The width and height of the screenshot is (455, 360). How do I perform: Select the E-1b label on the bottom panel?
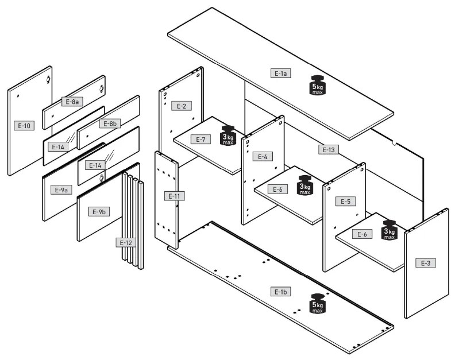click(x=280, y=292)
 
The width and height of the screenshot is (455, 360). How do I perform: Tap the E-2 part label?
click(x=181, y=106)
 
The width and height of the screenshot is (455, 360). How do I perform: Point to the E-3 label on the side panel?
click(x=425, y=263)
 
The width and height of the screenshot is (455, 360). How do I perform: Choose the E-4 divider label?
click(x=262, y=157)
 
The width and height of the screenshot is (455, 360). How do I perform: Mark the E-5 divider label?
click(x=346, y=202)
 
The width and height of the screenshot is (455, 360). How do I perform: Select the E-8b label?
click(x=109, y=123)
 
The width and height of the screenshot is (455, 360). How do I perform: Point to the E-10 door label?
click(x=24, y=125)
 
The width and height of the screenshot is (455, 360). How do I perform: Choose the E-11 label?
click(x=175, y=196)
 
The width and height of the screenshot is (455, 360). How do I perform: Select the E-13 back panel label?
click(x=327, y=150)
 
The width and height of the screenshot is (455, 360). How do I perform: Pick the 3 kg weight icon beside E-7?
click(x=228, y=136)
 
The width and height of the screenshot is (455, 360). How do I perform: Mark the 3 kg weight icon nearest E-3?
click(x=390, y=229)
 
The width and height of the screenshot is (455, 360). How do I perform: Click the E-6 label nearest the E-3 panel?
click(x=363, y=234)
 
